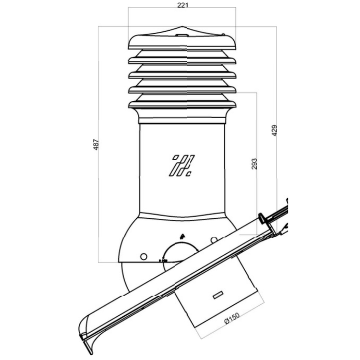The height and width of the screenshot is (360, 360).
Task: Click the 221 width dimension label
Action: pyautogui.click(x=182, y=5)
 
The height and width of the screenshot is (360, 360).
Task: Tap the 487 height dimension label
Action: pyautogui.click(x=96, y=144)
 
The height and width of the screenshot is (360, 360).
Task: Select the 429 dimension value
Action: pyautogui.click(x=275, y=131)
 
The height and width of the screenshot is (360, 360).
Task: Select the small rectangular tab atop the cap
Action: pyautogui.click(x=181, y=35)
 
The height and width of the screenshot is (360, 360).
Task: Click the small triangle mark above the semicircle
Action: pyautogui.click(x=181, y=236)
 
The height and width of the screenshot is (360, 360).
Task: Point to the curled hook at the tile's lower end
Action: pyautogui.click(x=86, y=338)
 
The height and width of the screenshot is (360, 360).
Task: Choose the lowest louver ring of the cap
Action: pyautogui.click(x=182, y=104)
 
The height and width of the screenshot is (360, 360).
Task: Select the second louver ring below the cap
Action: pyautogui.click(x=182, y=74)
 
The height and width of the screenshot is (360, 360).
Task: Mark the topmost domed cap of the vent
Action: pyautogui.click(x=182, y=41)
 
